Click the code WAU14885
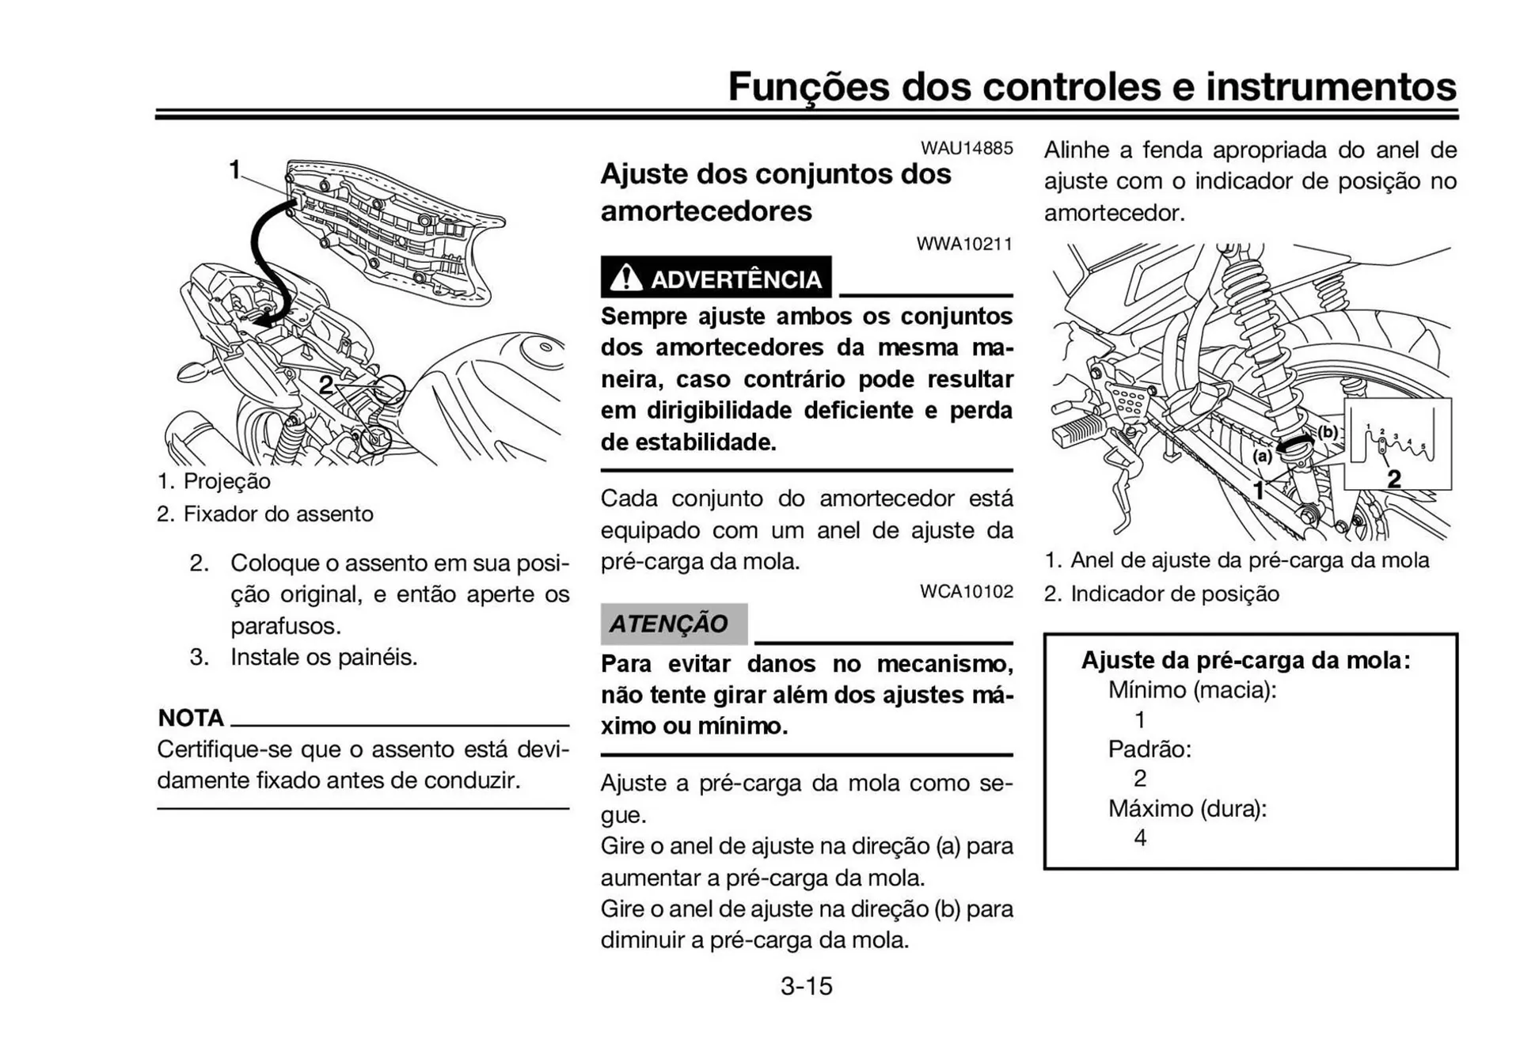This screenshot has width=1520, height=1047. [x=966, y=148]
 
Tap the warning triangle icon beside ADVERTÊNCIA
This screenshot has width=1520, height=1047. [x=625, y=278]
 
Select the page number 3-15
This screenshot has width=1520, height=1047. [x=806, y=986]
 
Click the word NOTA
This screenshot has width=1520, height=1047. [x=191, y=718]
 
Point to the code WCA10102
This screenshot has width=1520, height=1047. [x=966, y=591]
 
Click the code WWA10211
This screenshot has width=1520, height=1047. [x=964, y=244]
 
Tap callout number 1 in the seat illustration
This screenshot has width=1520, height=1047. [x=234, y=169]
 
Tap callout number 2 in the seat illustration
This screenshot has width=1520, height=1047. [x=325, y=385]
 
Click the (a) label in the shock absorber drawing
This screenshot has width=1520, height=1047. [x=1262, y=456]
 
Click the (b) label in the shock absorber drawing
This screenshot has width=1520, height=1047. [x=1328, y=431]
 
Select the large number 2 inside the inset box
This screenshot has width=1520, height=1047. [x=1394, y=478]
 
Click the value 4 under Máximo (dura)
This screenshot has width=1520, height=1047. [x=1140, y=837]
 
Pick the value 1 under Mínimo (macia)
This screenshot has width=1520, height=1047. [x=1140, y=719]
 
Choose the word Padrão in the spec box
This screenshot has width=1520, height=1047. [x=1149, y=749]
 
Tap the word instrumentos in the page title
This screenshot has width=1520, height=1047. [x=1330, y=86]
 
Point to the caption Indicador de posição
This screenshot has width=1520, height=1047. [x=1174, y=594]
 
